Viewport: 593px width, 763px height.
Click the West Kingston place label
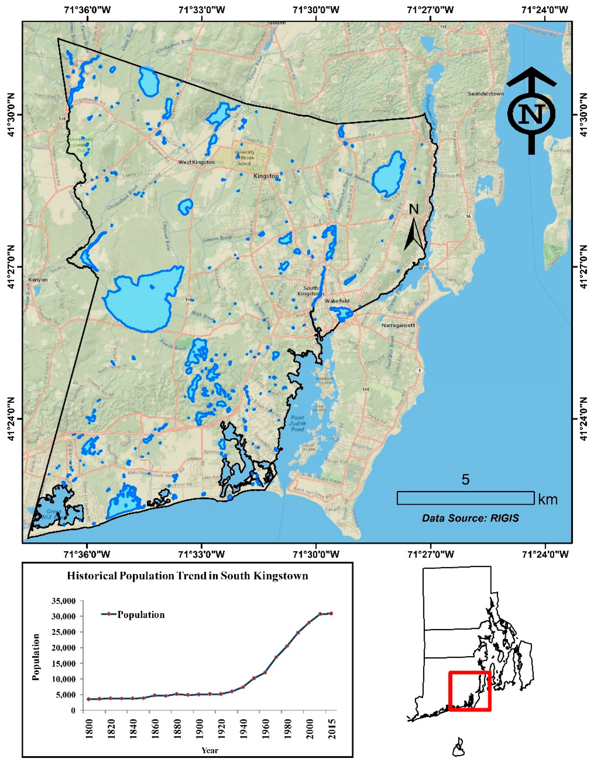(x=196, y=162)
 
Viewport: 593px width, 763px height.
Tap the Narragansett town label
(x=398, y=325)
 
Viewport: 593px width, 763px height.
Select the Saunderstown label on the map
(x=486, y=94)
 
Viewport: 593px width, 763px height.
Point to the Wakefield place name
(x=337, y=301)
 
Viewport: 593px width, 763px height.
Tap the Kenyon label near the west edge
(x=38, y=280)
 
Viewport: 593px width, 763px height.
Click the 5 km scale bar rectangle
(x=465, y=498)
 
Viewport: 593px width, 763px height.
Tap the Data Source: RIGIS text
(x=470, y=518)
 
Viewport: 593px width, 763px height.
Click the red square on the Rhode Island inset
(x=470, y=691)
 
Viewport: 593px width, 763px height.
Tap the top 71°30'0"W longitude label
(x=316, y=9)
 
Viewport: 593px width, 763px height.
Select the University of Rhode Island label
(x=244, y=158)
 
